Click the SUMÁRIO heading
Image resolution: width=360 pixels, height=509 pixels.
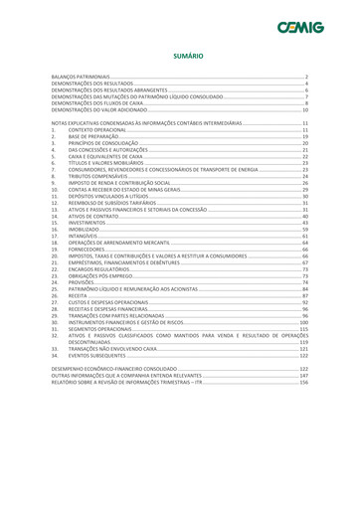coord(180,57)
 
